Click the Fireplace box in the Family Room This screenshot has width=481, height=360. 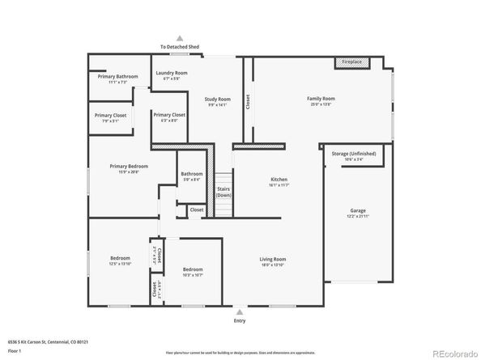pos(351,61)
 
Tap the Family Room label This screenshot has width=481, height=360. pos(321,99)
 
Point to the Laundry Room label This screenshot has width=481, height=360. pos(171,73)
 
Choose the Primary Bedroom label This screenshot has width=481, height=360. pos(129,166)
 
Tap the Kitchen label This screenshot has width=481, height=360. pos(279,180)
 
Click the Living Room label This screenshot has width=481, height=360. pos(272,259)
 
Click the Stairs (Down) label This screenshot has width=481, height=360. pos(223,193)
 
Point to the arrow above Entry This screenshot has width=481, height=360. pos(239,310)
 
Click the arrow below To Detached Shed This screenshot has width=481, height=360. pos(180,38)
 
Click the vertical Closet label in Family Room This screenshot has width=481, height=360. pos(248,101)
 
